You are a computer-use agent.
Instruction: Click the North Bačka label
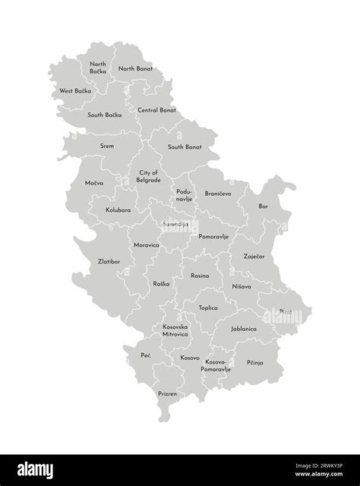pos(98,68)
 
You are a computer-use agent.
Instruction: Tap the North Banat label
pos(135,68)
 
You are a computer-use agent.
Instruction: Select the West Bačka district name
pos(75,91)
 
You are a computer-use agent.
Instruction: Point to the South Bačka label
pos(106,115)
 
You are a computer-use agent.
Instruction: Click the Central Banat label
pos(156,110)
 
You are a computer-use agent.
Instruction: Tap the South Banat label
pos(185,147)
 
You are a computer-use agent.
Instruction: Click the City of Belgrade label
pos(148,177)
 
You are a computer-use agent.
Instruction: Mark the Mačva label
pos(94,183)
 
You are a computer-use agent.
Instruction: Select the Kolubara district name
pos(118,209)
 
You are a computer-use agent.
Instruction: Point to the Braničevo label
pos(218,194)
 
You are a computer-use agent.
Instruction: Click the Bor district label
pos(263,206)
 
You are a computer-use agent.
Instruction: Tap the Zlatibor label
pos(109,261)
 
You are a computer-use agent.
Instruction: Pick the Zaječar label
pos(254,257)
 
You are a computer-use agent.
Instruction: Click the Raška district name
pos(161,283)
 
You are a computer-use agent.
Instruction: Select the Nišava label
pos(242,287)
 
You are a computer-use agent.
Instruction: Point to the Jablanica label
pos(244,329)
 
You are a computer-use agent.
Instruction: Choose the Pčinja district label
pos(254,363)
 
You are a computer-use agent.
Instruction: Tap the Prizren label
pos(169,394)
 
